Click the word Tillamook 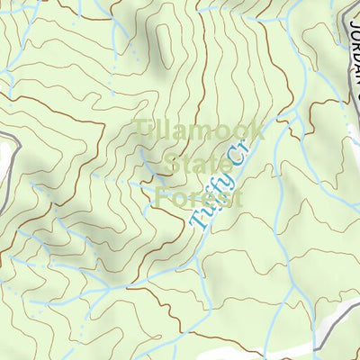tap(199, 131)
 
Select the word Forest tap(199, 196)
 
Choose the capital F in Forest tap(161, 196)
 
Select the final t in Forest tap(238, 196)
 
